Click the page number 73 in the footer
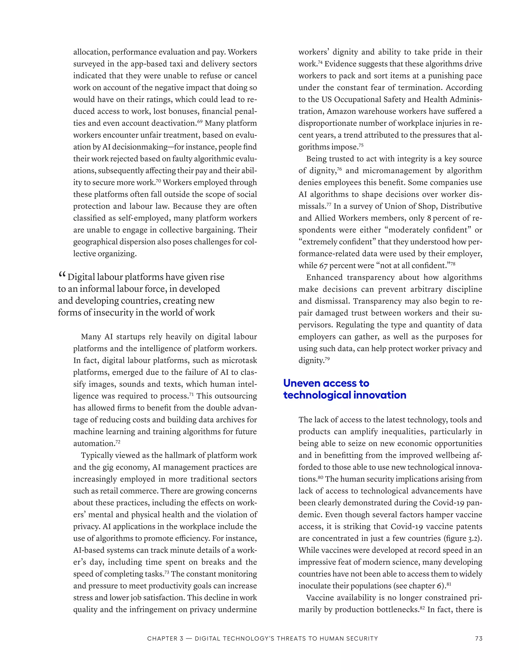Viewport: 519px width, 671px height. [x=478, y=638]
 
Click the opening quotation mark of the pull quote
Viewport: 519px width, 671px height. [x=62, y=275]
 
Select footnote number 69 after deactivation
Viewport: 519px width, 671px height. [x=200, y=121]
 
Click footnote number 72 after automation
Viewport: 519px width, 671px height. [x=118, y=442]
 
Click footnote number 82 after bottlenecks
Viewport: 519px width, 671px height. [x=422, y=607]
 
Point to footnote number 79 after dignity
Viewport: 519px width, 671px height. [x=327, y=359]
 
